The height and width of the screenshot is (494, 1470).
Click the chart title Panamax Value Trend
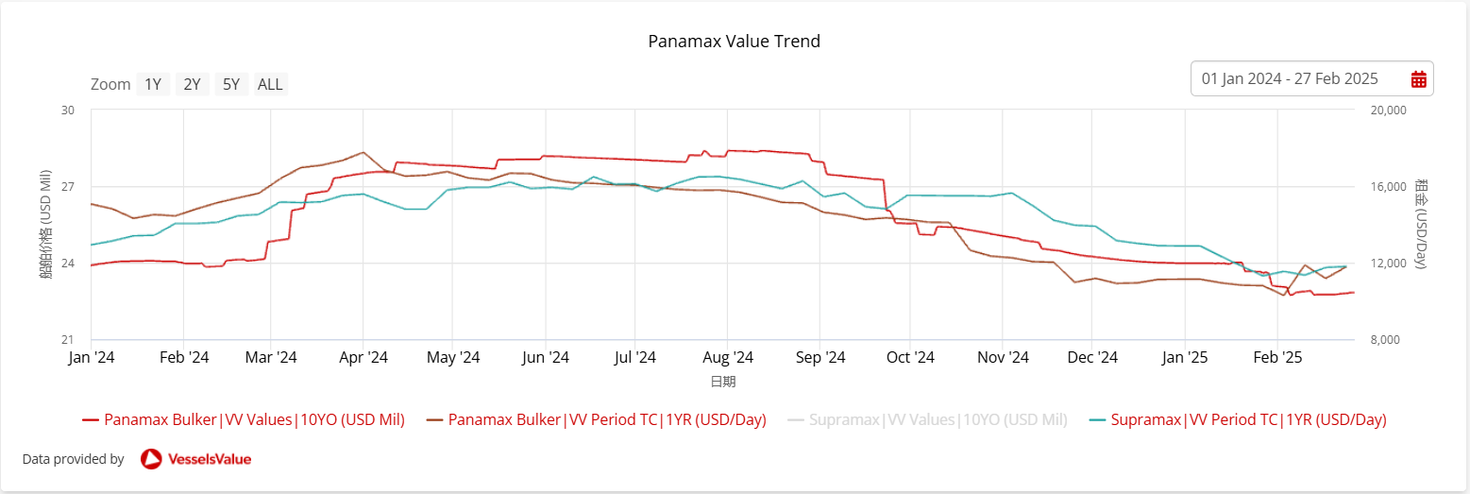[734, 42]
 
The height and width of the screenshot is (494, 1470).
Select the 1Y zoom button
[153, 84]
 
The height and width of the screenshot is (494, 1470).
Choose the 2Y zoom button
[192, 84]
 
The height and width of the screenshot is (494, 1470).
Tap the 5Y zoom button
[231, 84]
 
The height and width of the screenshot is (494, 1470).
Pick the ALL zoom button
[270, 84]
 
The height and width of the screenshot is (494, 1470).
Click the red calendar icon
[1418, 79]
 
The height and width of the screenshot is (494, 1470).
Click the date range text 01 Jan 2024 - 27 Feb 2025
[1290, 79]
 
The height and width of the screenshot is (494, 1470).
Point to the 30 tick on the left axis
[68, 110]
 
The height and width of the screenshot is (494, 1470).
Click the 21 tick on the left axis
[68, 340]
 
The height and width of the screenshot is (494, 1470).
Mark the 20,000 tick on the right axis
[1387, 110]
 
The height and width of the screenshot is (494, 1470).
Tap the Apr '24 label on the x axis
[363, 358]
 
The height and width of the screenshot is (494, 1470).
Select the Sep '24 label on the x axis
[820, 358]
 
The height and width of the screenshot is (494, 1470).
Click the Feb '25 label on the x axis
[1276, 358]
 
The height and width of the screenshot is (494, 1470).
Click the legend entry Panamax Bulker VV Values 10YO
[254, 419]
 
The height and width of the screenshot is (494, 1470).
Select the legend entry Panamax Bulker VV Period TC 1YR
[606, 419]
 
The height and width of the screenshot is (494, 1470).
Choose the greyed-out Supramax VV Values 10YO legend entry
[938, 419]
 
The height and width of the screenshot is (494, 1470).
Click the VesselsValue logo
[195, 459]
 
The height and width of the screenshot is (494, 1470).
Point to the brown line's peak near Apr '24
[363, 152]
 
